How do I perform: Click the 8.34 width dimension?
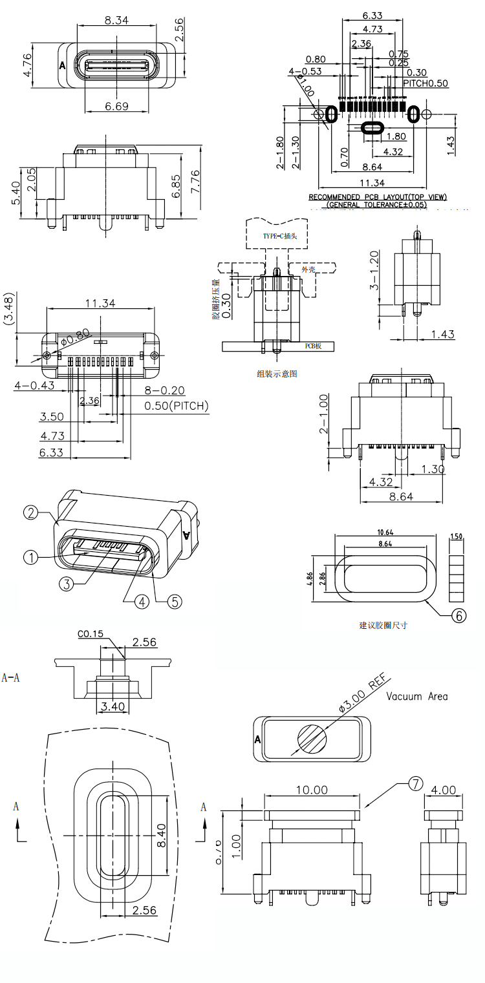pyautogui.click(x=116, y=20)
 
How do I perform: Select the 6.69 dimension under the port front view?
pyautogui.click(x=116, y=106)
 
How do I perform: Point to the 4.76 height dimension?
pyautogui.click(x=27, y=65)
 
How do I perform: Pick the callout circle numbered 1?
pyautogui.click(x=30, y=556)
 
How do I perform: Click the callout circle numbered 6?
pyautogui.click(x=457, y=615)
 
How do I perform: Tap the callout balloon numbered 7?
pyautogui.click(x=415, y=784)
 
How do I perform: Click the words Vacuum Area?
pyautogui.click(x=416, y=697)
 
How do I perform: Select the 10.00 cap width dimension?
pyautogui.click(x=311, y=790)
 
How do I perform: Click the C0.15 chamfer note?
pyautogui.click(x=91, y=634)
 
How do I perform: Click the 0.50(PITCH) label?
pyautogui.click(x=176, y=407)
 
